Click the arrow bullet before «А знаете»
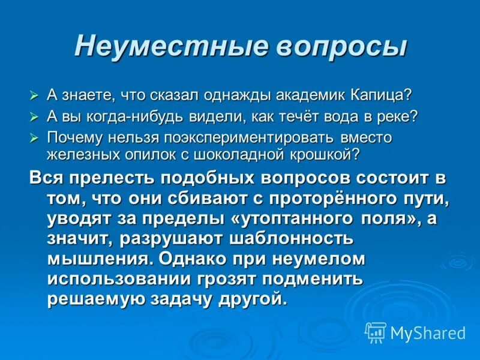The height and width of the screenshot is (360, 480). [34, 95]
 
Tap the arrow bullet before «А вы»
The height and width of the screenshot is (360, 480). [34, 116]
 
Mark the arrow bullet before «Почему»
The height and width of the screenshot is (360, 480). [34, 137]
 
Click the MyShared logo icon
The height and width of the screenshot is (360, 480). [375, 332]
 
